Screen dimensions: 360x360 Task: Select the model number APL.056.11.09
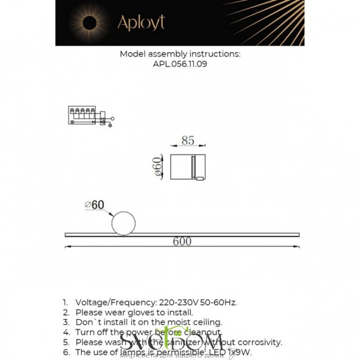point(180,64)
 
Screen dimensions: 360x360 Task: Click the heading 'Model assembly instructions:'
point(180,53)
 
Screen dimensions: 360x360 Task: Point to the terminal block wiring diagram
point(87,115)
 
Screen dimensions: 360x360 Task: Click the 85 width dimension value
point(188,141)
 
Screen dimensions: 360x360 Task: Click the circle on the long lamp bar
point(124,221)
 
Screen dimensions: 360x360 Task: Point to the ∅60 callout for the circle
point(95,205)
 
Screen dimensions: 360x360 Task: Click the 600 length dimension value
point(182,242)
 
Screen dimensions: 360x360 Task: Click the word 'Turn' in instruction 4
point(86,332)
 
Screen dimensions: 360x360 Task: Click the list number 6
point(65,352)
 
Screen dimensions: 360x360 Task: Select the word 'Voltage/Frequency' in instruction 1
point(114,302)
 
